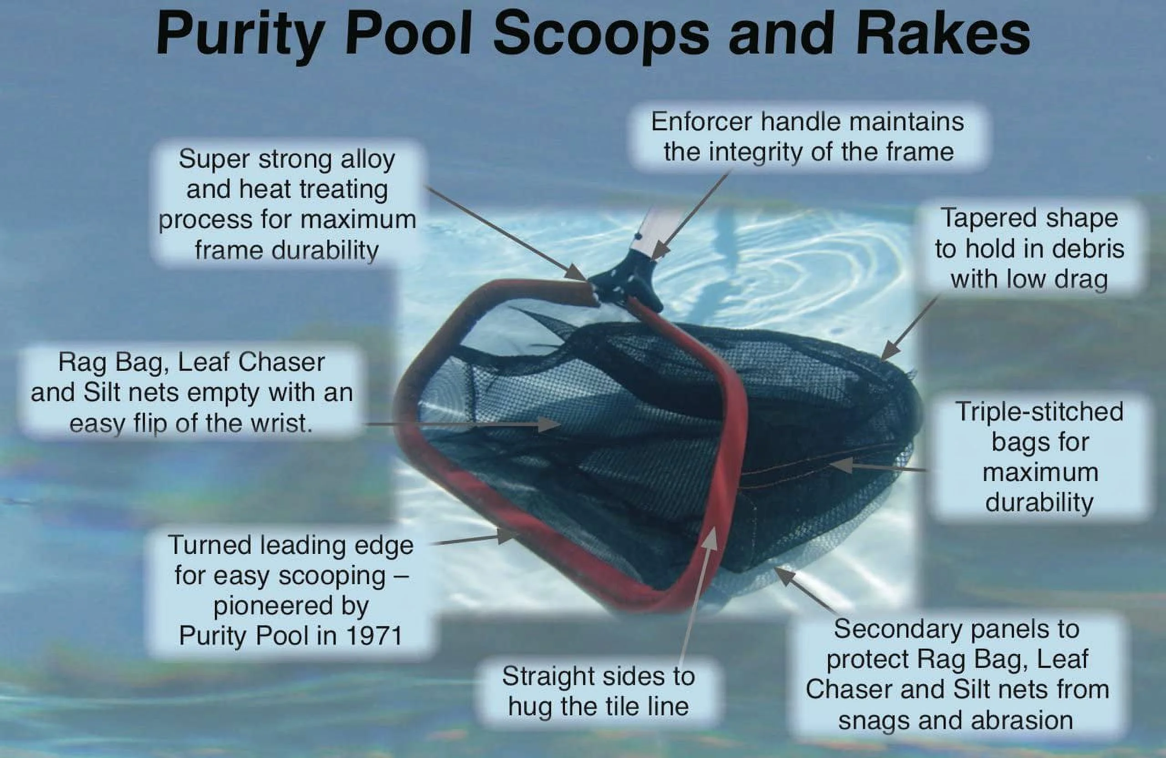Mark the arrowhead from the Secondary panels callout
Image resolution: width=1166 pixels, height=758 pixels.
click(x=784, y=575)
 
